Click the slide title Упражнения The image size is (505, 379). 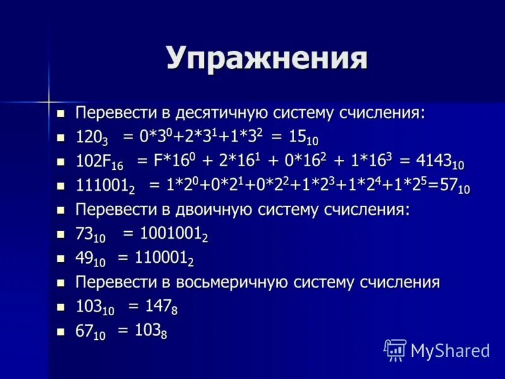pyautogui.click(x=266, y=58)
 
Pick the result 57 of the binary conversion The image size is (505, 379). pyautogui.click(x=449, y=186)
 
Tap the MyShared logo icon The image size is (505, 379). pyautogui.click(x=395, y=349)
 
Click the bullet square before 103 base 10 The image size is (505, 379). pyautogui.click(x=61, y=307)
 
